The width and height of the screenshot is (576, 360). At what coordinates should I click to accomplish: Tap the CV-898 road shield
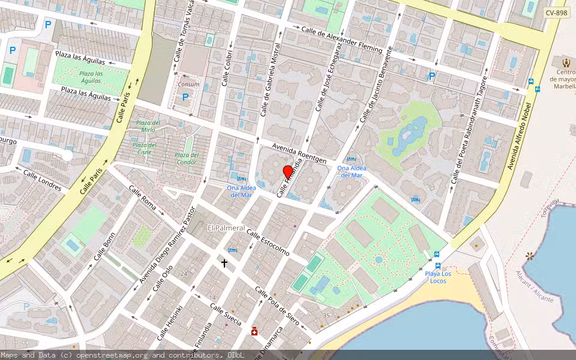556,13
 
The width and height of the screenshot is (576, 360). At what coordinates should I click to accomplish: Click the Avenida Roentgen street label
299,153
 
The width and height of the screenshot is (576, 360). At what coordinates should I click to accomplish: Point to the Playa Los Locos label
438,277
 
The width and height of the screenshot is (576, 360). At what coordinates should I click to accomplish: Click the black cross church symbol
224,263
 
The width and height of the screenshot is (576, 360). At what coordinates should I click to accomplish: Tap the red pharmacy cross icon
254,331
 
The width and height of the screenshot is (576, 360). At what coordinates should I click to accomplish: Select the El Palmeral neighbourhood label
226,228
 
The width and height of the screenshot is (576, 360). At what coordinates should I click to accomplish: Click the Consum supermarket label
189,85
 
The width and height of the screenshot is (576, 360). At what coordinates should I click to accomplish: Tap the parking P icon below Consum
185,97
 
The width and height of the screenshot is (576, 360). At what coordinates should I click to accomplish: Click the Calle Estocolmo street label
268,244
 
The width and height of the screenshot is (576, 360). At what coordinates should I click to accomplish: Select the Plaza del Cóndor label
186,158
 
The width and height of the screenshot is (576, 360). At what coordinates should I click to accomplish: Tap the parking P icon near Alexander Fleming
431,76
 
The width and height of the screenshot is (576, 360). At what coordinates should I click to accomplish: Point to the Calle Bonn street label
104,247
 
